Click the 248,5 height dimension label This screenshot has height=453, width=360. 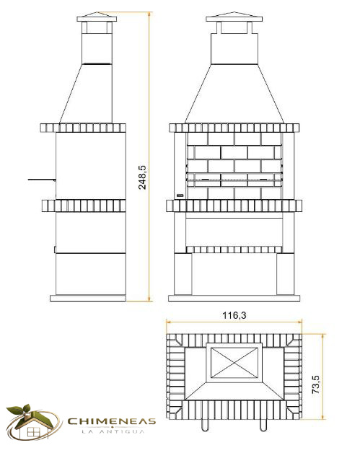(142, 177)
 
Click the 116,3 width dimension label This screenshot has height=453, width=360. (234, 315)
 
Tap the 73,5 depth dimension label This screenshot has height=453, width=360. (315, 384)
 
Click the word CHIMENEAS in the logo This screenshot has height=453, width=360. (112, 421)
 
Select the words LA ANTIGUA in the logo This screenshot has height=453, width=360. (113, 431)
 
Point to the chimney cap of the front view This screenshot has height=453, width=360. (234, 17)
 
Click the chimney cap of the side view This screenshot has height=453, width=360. (97, 17)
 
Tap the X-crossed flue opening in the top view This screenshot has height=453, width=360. (234, 363)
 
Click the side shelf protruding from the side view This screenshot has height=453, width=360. (42, 180)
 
